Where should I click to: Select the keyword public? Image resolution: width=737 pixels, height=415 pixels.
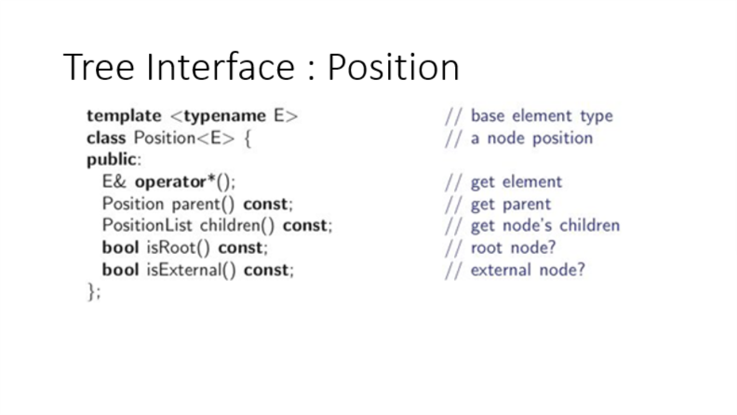point(110,159)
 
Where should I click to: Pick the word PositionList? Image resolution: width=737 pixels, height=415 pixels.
point(149,225)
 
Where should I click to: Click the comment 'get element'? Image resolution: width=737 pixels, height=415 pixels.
point(516,181)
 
